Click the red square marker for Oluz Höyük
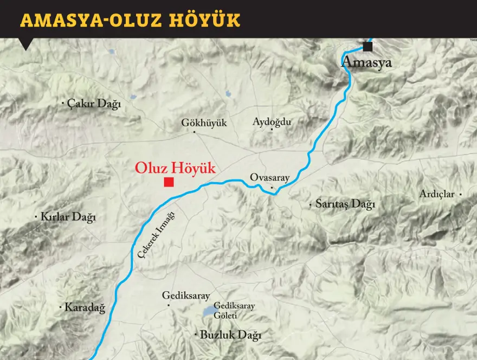[169, 182]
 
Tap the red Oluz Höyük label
[175, 168]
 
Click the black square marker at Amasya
[368, 47]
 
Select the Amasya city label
[366, 62]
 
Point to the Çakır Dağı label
[94, 104]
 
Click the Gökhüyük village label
[204, 123]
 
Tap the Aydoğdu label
[272, 122]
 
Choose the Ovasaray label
[270, 178]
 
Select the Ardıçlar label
[437, 194]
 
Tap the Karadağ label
[85, 307]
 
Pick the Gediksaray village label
[186, 296]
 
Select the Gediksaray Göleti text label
[234, 310]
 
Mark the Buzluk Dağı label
[230, 336]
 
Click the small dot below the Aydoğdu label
[272, 131]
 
